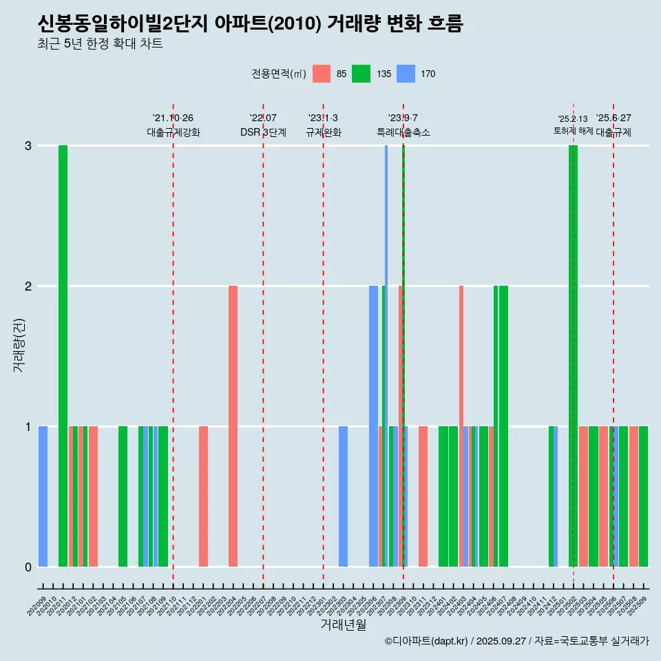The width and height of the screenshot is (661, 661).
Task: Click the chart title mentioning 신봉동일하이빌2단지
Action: click(251, 24)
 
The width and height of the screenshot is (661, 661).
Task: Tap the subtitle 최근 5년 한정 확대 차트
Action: click(101, 45)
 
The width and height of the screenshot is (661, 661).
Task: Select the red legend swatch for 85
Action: click(322, 74)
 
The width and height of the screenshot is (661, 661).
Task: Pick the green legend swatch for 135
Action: click(361, 74)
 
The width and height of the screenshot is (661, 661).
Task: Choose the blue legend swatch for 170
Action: click(407, 74)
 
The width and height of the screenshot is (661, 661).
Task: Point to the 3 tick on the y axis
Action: click(28, 146)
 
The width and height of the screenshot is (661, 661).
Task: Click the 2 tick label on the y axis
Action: click(28, 286)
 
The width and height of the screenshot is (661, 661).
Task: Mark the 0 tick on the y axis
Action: click(28, 567)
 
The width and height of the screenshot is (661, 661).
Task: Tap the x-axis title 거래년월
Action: click(343, 625)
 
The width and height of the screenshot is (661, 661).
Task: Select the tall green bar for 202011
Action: click(63, 356)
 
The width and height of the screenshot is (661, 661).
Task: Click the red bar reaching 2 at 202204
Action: click(233, 426)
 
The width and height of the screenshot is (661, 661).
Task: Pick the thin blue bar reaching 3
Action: click(386, 356)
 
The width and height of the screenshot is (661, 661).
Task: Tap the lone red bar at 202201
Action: click(203, 496)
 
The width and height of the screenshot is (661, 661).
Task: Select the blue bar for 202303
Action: click(343, 496)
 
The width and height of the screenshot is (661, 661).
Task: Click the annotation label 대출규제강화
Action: click(174, 132)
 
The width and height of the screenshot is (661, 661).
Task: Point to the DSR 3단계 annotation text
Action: click(263, 132)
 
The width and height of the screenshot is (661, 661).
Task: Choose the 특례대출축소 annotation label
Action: click(403, 132)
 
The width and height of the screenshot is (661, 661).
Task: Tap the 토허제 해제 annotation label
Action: click(573, 131)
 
